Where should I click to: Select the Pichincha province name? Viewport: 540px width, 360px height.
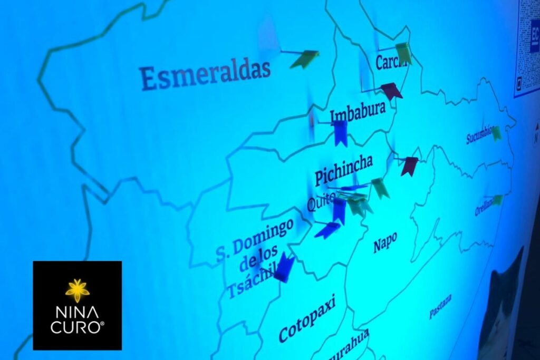coord(343,170)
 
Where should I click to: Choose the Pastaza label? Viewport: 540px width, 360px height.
coord(440,306)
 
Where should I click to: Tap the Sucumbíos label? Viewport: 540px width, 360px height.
coord(479,135)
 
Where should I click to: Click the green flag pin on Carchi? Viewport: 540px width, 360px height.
coord(404,53)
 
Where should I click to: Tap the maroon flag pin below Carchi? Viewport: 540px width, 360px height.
coord(391,91)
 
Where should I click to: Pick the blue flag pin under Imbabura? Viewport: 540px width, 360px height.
coord(340,133)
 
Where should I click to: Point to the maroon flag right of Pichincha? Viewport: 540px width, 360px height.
coord(409,166)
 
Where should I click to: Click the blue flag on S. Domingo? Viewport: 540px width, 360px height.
coord(285,267)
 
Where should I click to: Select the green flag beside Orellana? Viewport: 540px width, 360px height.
coord(497,200)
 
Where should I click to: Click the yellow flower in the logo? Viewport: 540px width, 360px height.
coord(78,290)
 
